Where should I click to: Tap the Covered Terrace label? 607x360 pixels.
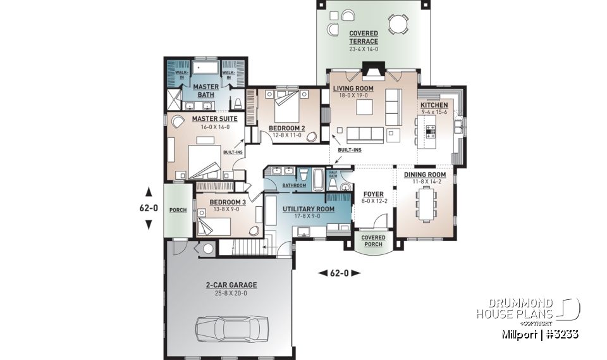(x=363, y=37)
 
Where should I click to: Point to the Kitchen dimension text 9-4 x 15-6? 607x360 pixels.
(x=434, y=112)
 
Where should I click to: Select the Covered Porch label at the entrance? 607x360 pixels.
(x=372, y=241)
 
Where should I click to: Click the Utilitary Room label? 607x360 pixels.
(x=308, y=208)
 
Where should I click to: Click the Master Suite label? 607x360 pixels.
(x=197, y=119)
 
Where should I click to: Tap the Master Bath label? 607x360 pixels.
(x=205, y=90)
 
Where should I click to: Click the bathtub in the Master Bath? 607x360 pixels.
(x=205, y=68)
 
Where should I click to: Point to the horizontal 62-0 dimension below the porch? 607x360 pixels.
(x=338, y=273)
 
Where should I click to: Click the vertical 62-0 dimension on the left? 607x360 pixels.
(x=149, y=208)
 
